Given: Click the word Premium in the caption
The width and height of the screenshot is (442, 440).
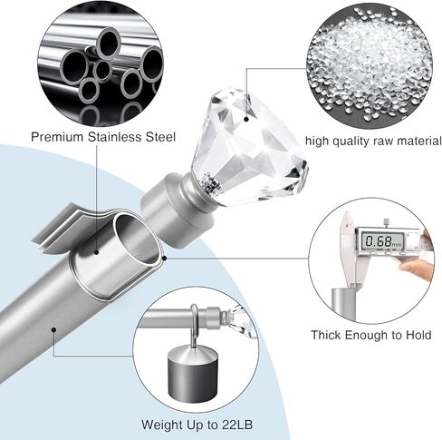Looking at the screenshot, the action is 57,137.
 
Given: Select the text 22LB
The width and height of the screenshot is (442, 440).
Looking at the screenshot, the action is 237,425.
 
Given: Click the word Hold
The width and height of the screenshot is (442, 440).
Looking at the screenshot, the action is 418,335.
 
